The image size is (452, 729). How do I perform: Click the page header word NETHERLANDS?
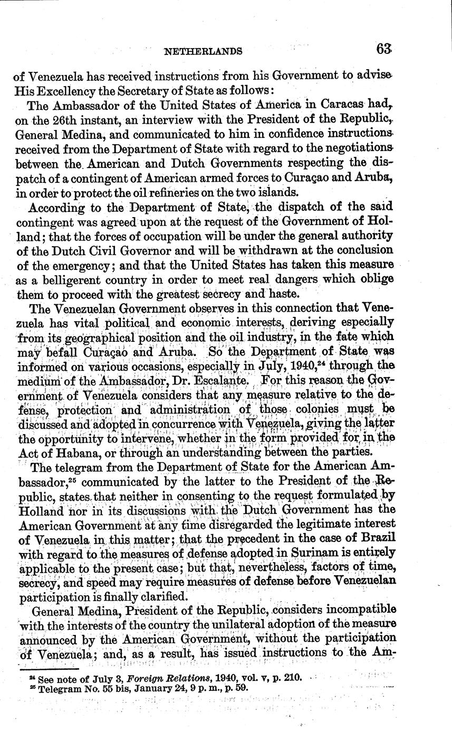204,51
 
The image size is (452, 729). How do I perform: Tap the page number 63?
383,49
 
